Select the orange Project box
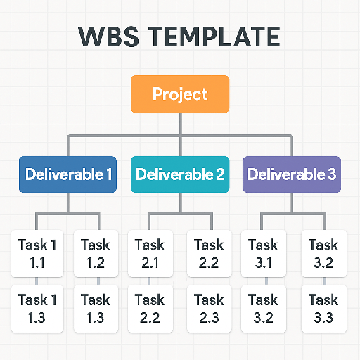(180, 94)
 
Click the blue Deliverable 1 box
(67, 174)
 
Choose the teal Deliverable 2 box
(180, 174)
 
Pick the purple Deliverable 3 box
(292, 174)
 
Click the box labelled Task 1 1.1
(37, 253)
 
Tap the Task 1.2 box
(95, 253)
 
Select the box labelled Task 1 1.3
(37, 308)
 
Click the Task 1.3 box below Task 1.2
(95, 308)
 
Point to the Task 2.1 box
(149, 253)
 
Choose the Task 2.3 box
(209, 308)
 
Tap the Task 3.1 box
(263, 253)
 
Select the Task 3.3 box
(323, 308)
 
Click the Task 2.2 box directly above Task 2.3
(209, 253)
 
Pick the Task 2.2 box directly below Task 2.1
(149, 308)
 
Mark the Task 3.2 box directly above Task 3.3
(323, 253)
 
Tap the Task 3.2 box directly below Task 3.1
(263, 308)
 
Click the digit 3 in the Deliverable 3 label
(331, 174)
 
